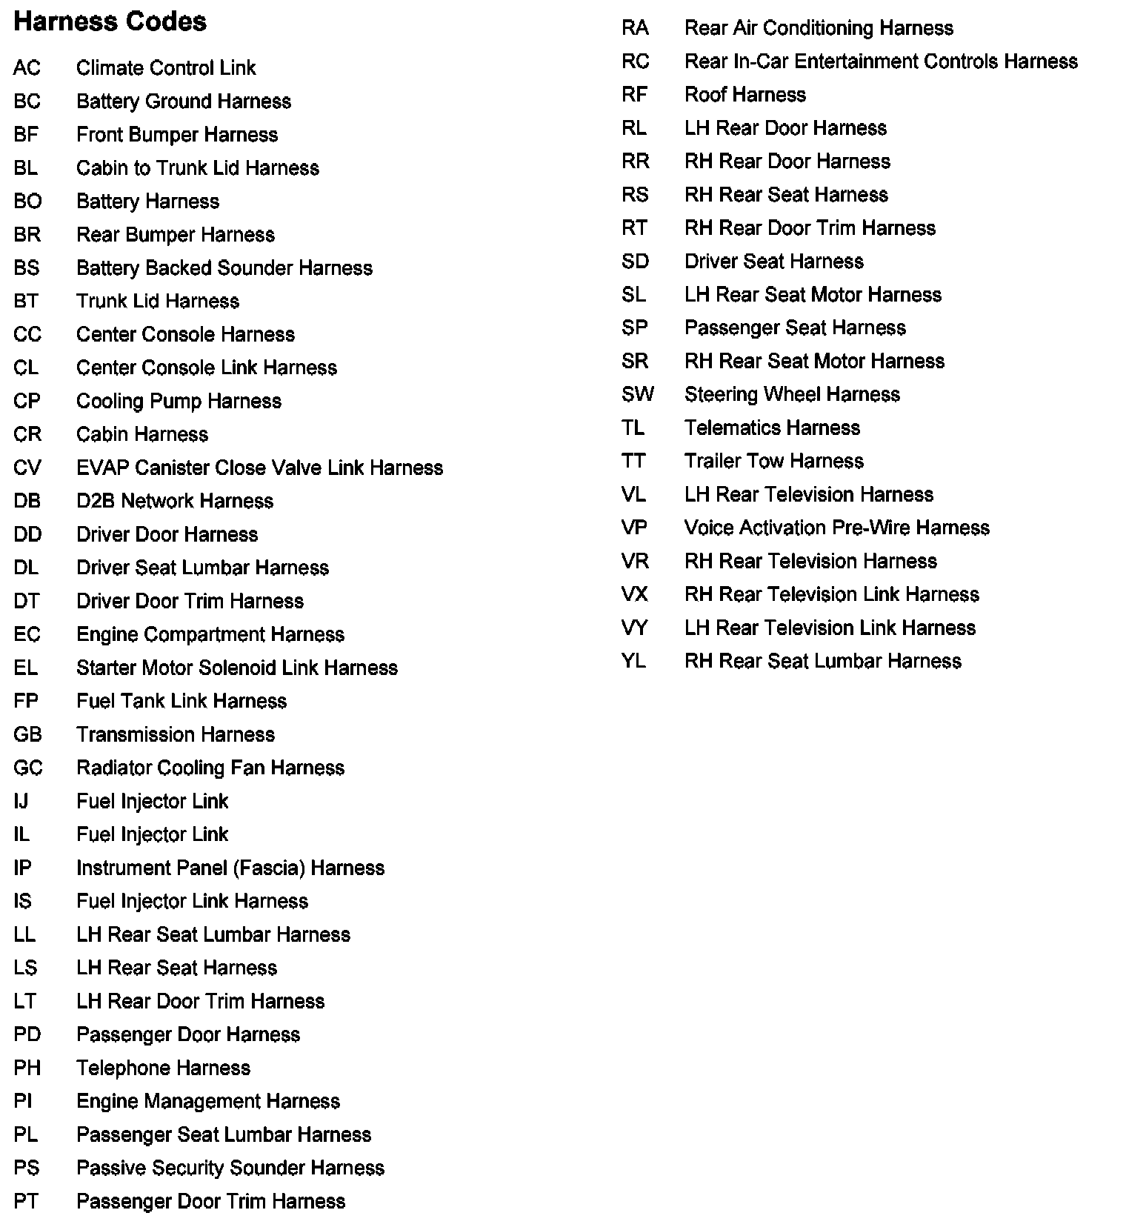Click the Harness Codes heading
(x=110, y=21)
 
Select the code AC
(x=27, y=68)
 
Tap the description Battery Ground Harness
(x=184, y=102)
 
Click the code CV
(x=27, y=468)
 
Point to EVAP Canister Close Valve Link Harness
(x=259, y=468)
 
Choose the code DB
(x=27, y=502)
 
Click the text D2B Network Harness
(x=175, y=502)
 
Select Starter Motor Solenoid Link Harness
(x=237, y=668)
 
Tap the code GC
(x=28, y=768)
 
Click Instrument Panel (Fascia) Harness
(x=230, y=868)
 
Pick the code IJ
(x=21, y=802)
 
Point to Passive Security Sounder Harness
(x=230, y=1168)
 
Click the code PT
(x=25, y=1202)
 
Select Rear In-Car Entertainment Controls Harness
(x=881, y=61)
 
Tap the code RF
(x=635, y=95)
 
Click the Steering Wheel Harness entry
(x=792, y=395)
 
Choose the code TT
(x=633, y=462)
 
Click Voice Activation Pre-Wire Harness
(x=837, y=528)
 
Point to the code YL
(x=633, y=662)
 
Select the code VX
(x=635, y=595)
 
